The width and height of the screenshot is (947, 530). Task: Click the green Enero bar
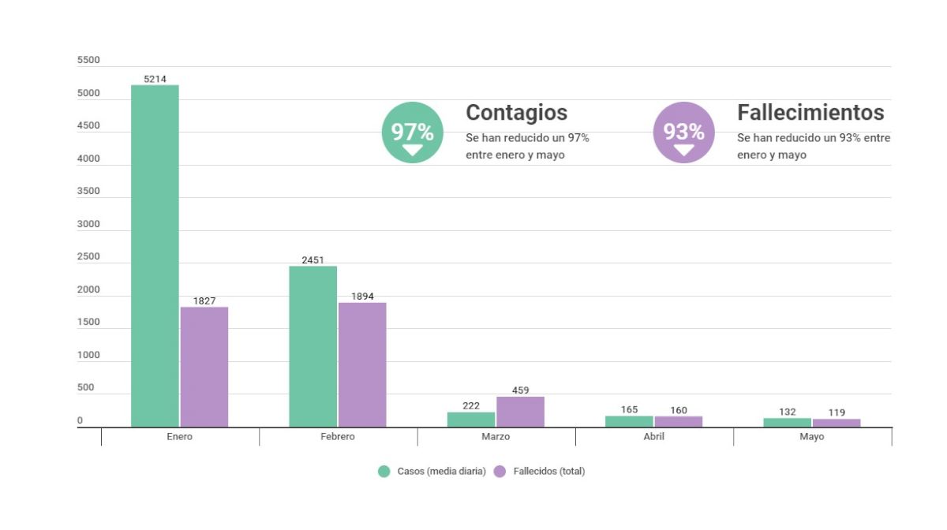coord(155,256)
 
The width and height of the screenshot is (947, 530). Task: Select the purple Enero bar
coord(204,367)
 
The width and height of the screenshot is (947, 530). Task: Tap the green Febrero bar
coord(313,346)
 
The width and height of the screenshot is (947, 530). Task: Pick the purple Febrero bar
coord(362,364)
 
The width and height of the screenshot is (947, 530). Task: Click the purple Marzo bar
coord(520,412)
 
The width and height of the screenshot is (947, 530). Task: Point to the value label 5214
coord(155,79)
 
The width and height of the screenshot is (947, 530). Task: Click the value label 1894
coord(362,297)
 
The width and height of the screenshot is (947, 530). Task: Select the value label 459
coord(520,390)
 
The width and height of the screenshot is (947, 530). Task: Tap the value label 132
coord(787,412)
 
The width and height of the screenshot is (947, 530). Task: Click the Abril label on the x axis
coord(653,437)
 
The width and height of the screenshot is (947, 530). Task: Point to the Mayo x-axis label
coord(811,437)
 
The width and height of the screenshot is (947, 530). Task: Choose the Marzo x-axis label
coord(496,437)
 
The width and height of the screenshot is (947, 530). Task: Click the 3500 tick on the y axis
coord(88,192)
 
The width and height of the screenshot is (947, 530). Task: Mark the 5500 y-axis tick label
coord(88,61)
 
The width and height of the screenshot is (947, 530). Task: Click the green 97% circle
coord(412,132)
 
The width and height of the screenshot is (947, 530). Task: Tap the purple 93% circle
coord(683,132)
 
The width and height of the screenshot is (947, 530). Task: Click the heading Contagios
coord(516,113)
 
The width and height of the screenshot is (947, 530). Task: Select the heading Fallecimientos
coord(810,113)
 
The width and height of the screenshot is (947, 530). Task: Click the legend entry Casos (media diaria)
coord(432,472)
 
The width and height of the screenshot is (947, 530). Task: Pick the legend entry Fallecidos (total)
coord(541,472)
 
